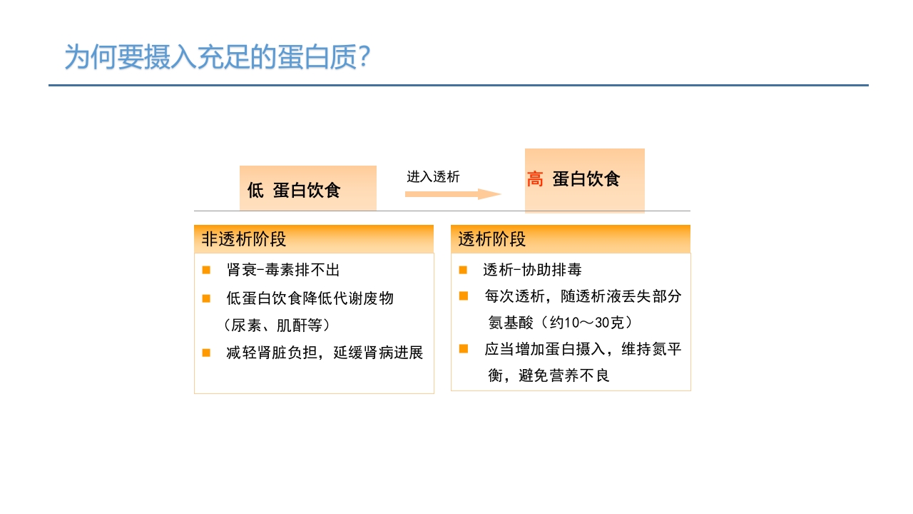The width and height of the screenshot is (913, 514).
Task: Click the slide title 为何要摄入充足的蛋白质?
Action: click(x=217, y=57)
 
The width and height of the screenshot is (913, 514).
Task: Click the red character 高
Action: click(x=535, y=179)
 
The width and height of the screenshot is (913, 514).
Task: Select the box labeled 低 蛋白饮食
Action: click(x=307, y=189)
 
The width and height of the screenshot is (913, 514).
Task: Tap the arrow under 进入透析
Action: click(x=453, y=194)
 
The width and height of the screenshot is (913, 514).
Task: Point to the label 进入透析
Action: click(x=433, y=176)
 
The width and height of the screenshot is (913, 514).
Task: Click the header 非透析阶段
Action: click(x=244, y=239)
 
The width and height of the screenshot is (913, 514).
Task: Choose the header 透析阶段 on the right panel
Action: click(x=492, y=239)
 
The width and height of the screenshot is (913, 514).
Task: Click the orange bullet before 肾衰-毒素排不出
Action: click(x=206, y=270)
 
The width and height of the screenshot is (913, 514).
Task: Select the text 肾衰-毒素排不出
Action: click(x=283, y=270)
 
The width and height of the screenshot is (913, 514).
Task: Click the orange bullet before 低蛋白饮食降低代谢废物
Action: click(x=206, y=298)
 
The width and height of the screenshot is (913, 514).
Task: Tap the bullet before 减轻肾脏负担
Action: click(x=206, y=353)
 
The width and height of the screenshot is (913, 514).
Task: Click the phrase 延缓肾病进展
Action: click(x=378, y=353)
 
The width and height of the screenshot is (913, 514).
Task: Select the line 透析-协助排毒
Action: click(x=532, y=270)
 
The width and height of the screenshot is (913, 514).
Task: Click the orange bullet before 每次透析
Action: click(x=463, y=296)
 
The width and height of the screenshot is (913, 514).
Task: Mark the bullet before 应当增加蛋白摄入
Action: click(x=463, y=349)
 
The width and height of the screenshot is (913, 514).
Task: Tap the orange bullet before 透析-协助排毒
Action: click(x=463, y=270)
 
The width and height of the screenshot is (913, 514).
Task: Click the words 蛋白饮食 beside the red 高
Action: click(x=586, y=179)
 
